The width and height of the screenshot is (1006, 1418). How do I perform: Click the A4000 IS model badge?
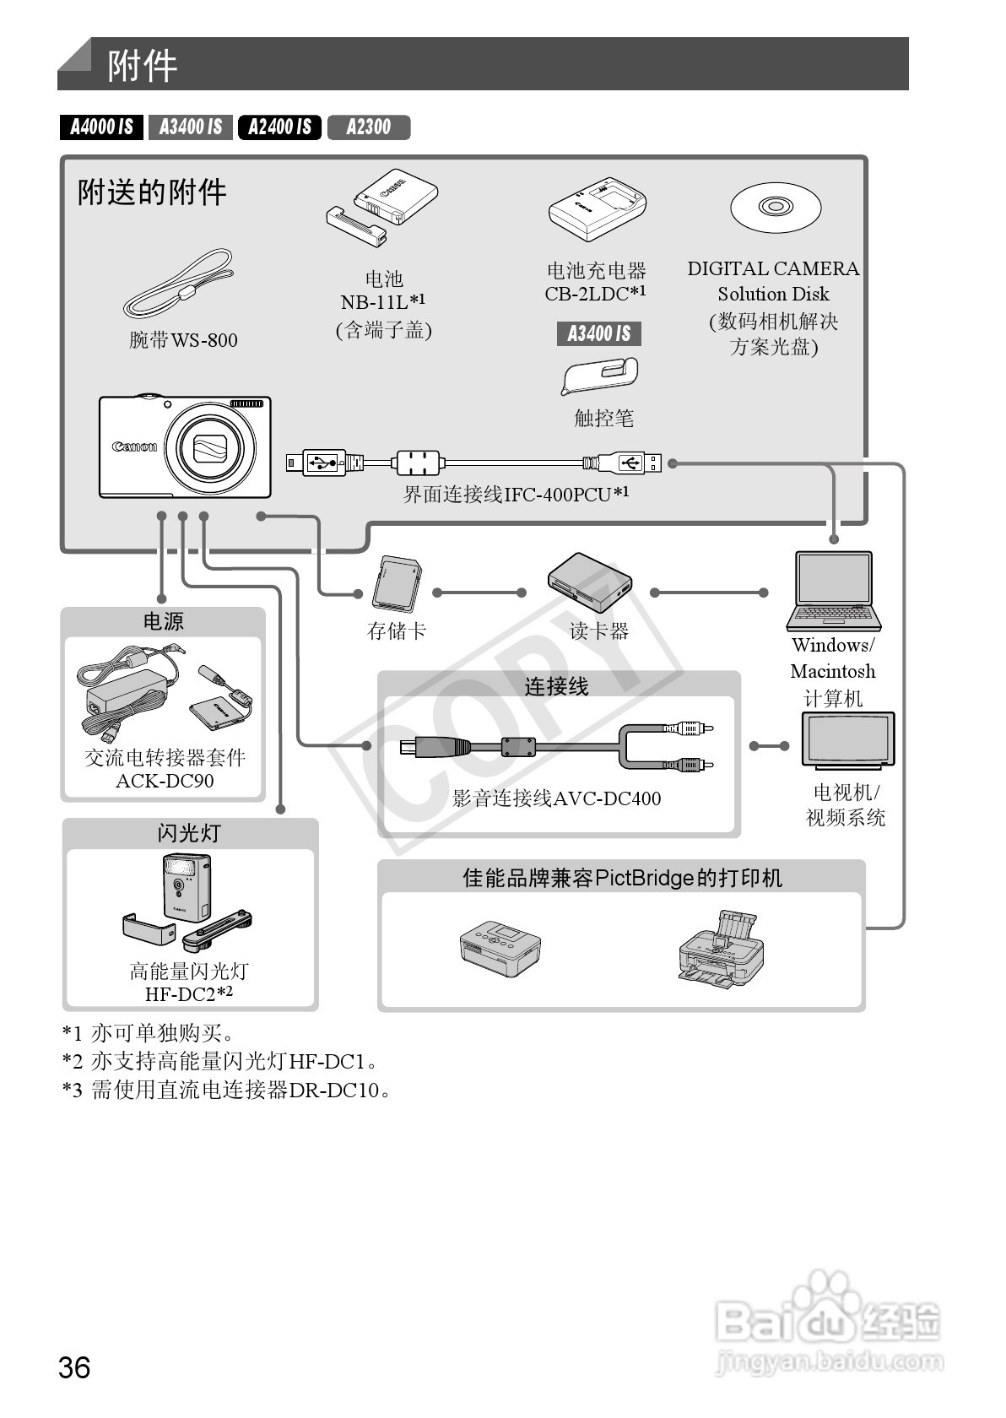101,127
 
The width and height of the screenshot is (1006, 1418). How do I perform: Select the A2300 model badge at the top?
369,127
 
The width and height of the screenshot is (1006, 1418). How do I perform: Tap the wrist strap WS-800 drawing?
180,284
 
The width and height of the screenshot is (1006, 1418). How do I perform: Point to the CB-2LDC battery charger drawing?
597,208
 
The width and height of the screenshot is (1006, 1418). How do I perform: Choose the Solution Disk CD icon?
775,207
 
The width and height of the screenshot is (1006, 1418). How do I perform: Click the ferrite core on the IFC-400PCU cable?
418,462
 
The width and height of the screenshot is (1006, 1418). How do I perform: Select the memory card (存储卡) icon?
396,583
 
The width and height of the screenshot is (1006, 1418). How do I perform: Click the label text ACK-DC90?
165,781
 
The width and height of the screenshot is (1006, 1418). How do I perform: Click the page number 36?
74,1367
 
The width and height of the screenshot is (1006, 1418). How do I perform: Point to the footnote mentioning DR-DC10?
227,1090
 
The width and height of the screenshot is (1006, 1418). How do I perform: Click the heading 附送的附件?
152,192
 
